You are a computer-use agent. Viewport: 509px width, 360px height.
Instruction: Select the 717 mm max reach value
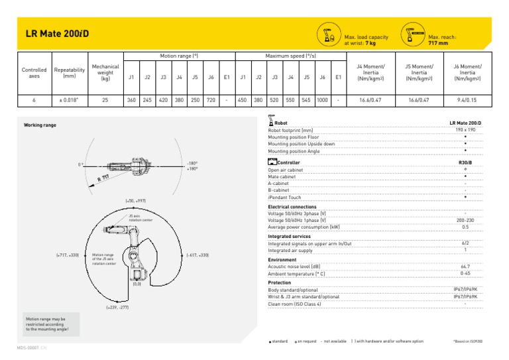click(x=438, y=43)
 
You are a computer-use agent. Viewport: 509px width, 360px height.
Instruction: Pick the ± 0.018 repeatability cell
click(x=70, y=101)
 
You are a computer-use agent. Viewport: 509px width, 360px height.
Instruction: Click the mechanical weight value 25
click(x=105, y=101)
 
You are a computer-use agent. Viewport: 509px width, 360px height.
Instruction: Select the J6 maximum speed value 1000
click(x=322, y=101)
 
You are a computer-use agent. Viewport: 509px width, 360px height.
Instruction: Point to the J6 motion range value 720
click(x=211, y=101)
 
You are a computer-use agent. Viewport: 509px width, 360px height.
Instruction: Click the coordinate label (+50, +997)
click(x=135, y=200)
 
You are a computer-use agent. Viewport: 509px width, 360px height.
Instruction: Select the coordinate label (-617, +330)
click(x=197, y=255)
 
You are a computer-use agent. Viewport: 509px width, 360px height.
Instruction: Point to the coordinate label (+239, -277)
click(x=117, y=308)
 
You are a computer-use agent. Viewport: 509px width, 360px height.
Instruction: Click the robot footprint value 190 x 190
click(x=465, y=130)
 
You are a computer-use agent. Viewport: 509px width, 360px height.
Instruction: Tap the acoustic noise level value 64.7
click(x=465, y=266)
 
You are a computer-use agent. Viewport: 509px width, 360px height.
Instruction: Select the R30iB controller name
click(x=465, y=162)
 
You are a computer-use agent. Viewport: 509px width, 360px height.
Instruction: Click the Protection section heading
click(x=280, y=282)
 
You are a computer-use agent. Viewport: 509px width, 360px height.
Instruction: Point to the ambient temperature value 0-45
click(x=465, y=272)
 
